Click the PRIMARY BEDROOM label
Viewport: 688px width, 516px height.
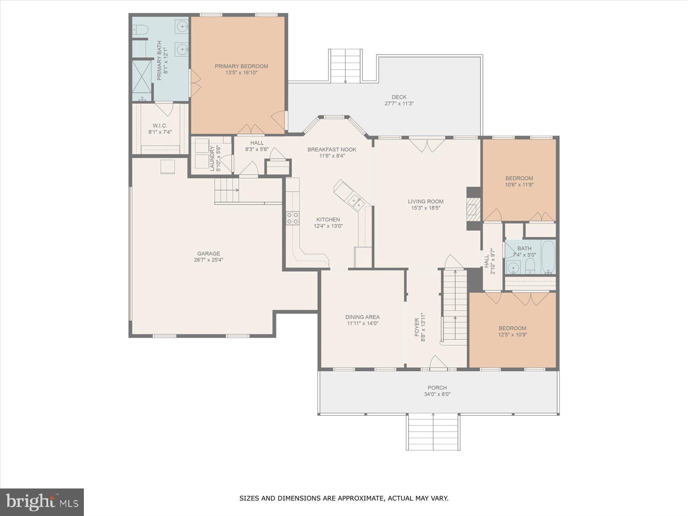point(241,66)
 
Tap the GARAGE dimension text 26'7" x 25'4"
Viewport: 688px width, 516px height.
point(209,260)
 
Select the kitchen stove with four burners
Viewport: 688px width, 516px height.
point(292,218)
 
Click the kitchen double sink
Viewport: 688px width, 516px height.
point(356,201)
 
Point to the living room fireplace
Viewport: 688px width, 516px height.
point(473,209)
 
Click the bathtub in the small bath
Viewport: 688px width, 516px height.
point(548,257)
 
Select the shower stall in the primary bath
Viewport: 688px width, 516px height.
point(141,77)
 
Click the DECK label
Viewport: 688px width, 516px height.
point(399,97)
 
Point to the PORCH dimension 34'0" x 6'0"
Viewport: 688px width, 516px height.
point(437,394)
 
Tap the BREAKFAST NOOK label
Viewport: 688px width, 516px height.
point(332,150)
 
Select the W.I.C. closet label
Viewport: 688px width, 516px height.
point(160,126)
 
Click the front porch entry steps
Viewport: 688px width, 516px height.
point(433,432)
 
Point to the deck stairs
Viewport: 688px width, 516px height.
point(345,66)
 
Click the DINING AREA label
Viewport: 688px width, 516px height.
point(362,317)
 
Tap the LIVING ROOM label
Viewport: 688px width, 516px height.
point(426,201)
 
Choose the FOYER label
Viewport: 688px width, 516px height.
point(417,327)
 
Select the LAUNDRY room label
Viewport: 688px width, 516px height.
point(212,159)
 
